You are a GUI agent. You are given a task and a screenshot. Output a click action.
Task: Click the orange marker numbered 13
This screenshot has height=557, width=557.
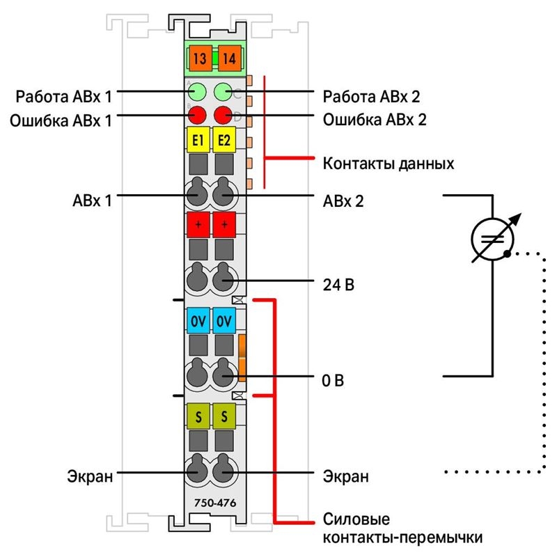click(201, 58)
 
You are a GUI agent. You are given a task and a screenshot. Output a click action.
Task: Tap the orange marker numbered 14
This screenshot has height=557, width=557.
click(229, 58)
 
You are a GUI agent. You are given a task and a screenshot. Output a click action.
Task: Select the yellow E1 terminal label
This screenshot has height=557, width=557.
click(198, 140)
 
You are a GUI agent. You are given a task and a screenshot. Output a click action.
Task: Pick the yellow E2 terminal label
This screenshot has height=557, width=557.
click(224, 140)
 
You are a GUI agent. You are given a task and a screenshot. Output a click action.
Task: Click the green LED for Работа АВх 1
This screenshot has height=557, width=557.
click(197, 92)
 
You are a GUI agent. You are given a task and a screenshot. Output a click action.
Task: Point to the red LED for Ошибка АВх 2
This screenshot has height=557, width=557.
click(223, 115)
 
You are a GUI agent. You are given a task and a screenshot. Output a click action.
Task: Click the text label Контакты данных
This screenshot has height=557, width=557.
click(389, 164)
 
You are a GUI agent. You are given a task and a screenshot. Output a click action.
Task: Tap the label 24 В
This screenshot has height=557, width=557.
click(338, 285)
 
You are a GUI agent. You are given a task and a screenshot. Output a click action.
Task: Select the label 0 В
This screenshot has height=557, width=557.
click(333, 380)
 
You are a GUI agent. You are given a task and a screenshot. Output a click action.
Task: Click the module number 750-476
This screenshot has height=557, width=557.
click(215, 503)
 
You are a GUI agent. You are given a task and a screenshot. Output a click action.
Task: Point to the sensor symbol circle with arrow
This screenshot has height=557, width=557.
click(493, 239)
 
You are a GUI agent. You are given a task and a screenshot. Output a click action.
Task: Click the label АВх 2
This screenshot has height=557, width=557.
click(343, 201)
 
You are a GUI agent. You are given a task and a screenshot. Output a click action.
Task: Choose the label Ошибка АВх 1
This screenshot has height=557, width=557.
click(61, 120)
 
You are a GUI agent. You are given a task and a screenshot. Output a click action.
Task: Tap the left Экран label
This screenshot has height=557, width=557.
click(90, 476)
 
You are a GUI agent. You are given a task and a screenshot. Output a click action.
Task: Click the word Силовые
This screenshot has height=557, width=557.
click(356, 519)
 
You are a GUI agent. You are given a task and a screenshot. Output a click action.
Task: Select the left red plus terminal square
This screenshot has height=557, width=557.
click(198, 225)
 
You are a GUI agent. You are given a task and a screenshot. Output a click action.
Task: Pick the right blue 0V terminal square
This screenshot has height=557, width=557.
click(224, 321)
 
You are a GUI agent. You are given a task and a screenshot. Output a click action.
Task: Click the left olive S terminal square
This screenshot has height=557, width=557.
click(198, 416)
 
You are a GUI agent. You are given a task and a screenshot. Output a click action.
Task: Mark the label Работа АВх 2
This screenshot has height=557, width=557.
click(371, 97)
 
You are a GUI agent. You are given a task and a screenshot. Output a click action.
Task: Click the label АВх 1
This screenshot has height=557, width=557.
click(92, 201)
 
